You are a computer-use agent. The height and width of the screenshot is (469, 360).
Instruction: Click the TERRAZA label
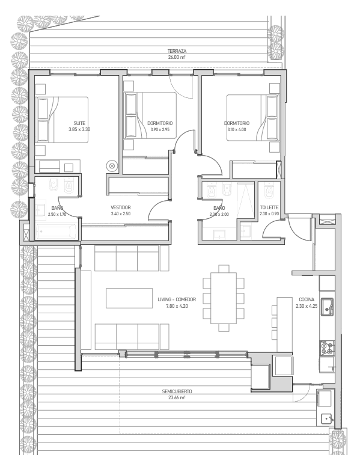pos(177,51)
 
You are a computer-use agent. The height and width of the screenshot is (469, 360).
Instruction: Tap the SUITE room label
pos(79,123)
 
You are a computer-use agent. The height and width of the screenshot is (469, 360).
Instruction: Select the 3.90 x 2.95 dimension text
pos(160,129)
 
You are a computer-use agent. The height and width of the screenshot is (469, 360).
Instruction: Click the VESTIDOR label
pos(120,207)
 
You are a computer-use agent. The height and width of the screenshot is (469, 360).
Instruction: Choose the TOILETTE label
pos(269,207)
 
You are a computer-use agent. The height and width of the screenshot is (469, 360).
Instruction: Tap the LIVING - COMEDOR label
pos(177,299)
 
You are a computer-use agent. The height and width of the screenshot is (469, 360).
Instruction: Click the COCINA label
pos(307,299)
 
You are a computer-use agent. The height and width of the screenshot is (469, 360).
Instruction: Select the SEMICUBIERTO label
pos(177,391)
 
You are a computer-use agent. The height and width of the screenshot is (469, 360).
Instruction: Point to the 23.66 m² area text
pos(177,398)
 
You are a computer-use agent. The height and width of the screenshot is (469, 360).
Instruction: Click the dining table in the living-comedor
pos(224,298)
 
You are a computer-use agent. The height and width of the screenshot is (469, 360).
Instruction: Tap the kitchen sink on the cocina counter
pos(327,307)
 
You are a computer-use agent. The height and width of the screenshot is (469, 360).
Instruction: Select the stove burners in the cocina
pos(327,348)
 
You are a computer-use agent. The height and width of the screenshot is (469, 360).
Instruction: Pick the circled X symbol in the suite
pos(112,165)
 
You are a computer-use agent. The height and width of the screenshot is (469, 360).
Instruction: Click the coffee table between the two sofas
pos(129,298)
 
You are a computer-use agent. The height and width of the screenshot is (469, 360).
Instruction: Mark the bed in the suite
pos(62,119)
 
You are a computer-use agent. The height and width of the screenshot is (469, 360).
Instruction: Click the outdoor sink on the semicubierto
pos(326,418)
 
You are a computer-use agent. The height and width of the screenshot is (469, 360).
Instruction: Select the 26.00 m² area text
pos(177,58)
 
